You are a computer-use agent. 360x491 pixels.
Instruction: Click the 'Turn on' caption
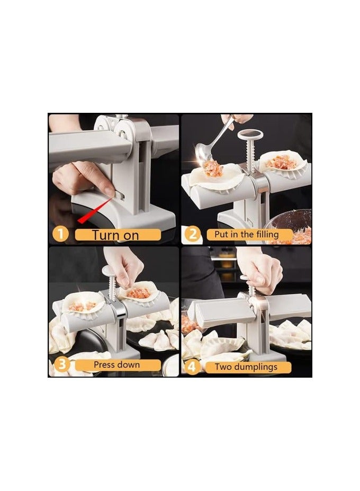[x=116, y=235]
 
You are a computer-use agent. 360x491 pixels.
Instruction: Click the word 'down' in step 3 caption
[x=129, y=365]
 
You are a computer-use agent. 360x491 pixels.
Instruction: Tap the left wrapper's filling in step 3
[x=82, y=306]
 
